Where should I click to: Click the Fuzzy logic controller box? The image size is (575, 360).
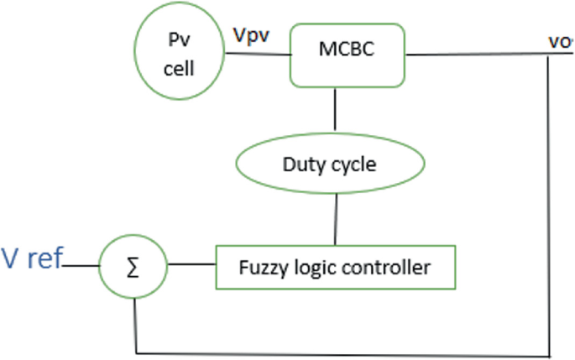pyautogui.click(x=335, y=268)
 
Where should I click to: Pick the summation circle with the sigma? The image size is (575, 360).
pyautogui.click(x=134, y=268)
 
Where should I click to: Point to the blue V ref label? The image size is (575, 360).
pyautogui.click(x=32, y=258)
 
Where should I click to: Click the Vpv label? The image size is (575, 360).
pyautogui.click(x=252, y=36)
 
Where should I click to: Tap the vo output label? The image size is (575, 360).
pyautogui.click(x=558, y=39)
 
